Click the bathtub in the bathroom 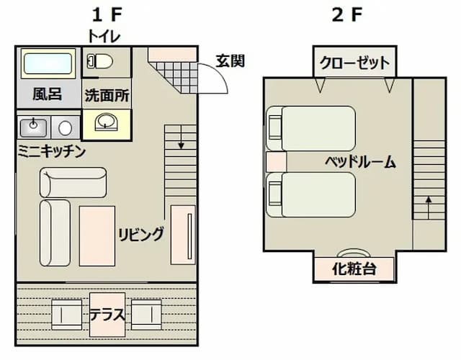tap(48, 63)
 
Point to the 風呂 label tap(47, 94)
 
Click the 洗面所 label tap(107, 94)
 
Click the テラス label tap(107, 315)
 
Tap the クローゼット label tap(354, 63)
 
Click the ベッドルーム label tap(359, 161)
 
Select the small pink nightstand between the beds tap(276, 162)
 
